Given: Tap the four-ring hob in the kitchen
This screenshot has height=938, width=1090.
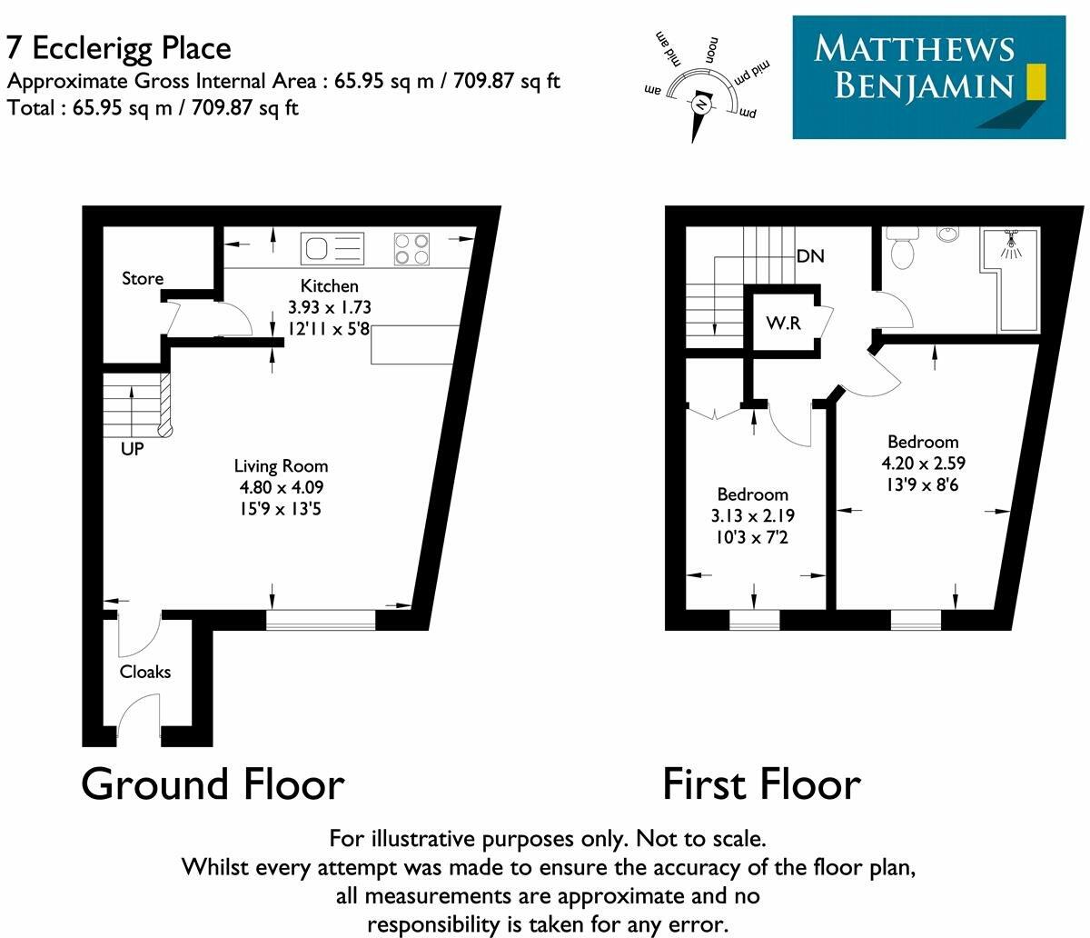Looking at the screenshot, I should [411, 249].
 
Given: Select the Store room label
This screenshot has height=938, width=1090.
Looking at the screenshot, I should [143, 278].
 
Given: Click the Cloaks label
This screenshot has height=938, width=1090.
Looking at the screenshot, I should [145, 672].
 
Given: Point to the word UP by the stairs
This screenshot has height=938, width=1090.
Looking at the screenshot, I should [133, 448].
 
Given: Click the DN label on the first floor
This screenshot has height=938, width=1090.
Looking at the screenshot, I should [810, 256].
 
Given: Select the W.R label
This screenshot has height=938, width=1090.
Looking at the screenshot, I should [783, 323].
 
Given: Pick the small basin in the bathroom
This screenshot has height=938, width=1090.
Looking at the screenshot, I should [947, 234].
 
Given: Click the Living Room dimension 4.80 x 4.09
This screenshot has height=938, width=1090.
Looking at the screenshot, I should [281, 487].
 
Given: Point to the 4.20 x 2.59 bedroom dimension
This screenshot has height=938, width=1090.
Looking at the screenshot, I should [923, 464].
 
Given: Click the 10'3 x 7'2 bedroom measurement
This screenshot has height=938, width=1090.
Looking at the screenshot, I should [753, 536].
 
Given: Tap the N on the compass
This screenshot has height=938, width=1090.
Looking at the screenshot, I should [701, 105].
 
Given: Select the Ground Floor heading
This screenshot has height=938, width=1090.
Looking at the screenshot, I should [213, 784].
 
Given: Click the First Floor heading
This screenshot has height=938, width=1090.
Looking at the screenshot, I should [761, 784].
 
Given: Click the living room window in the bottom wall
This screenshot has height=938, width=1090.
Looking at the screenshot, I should [321, 621].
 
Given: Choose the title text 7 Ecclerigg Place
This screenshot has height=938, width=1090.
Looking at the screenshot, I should [119, 47].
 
